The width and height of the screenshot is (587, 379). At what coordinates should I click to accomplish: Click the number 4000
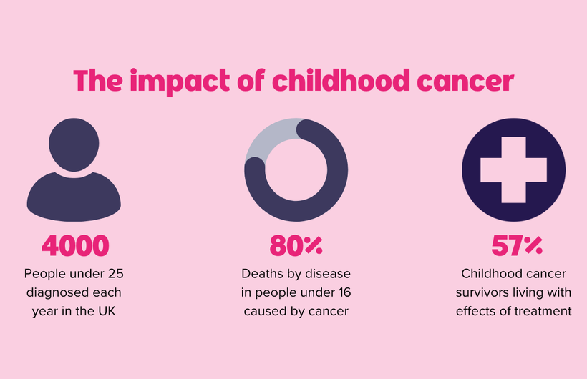[x=75, y=246]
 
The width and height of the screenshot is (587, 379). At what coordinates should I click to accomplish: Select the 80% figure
[x=296, y=246]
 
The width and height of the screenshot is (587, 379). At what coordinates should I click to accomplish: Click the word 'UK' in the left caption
[x=107, y=311]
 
